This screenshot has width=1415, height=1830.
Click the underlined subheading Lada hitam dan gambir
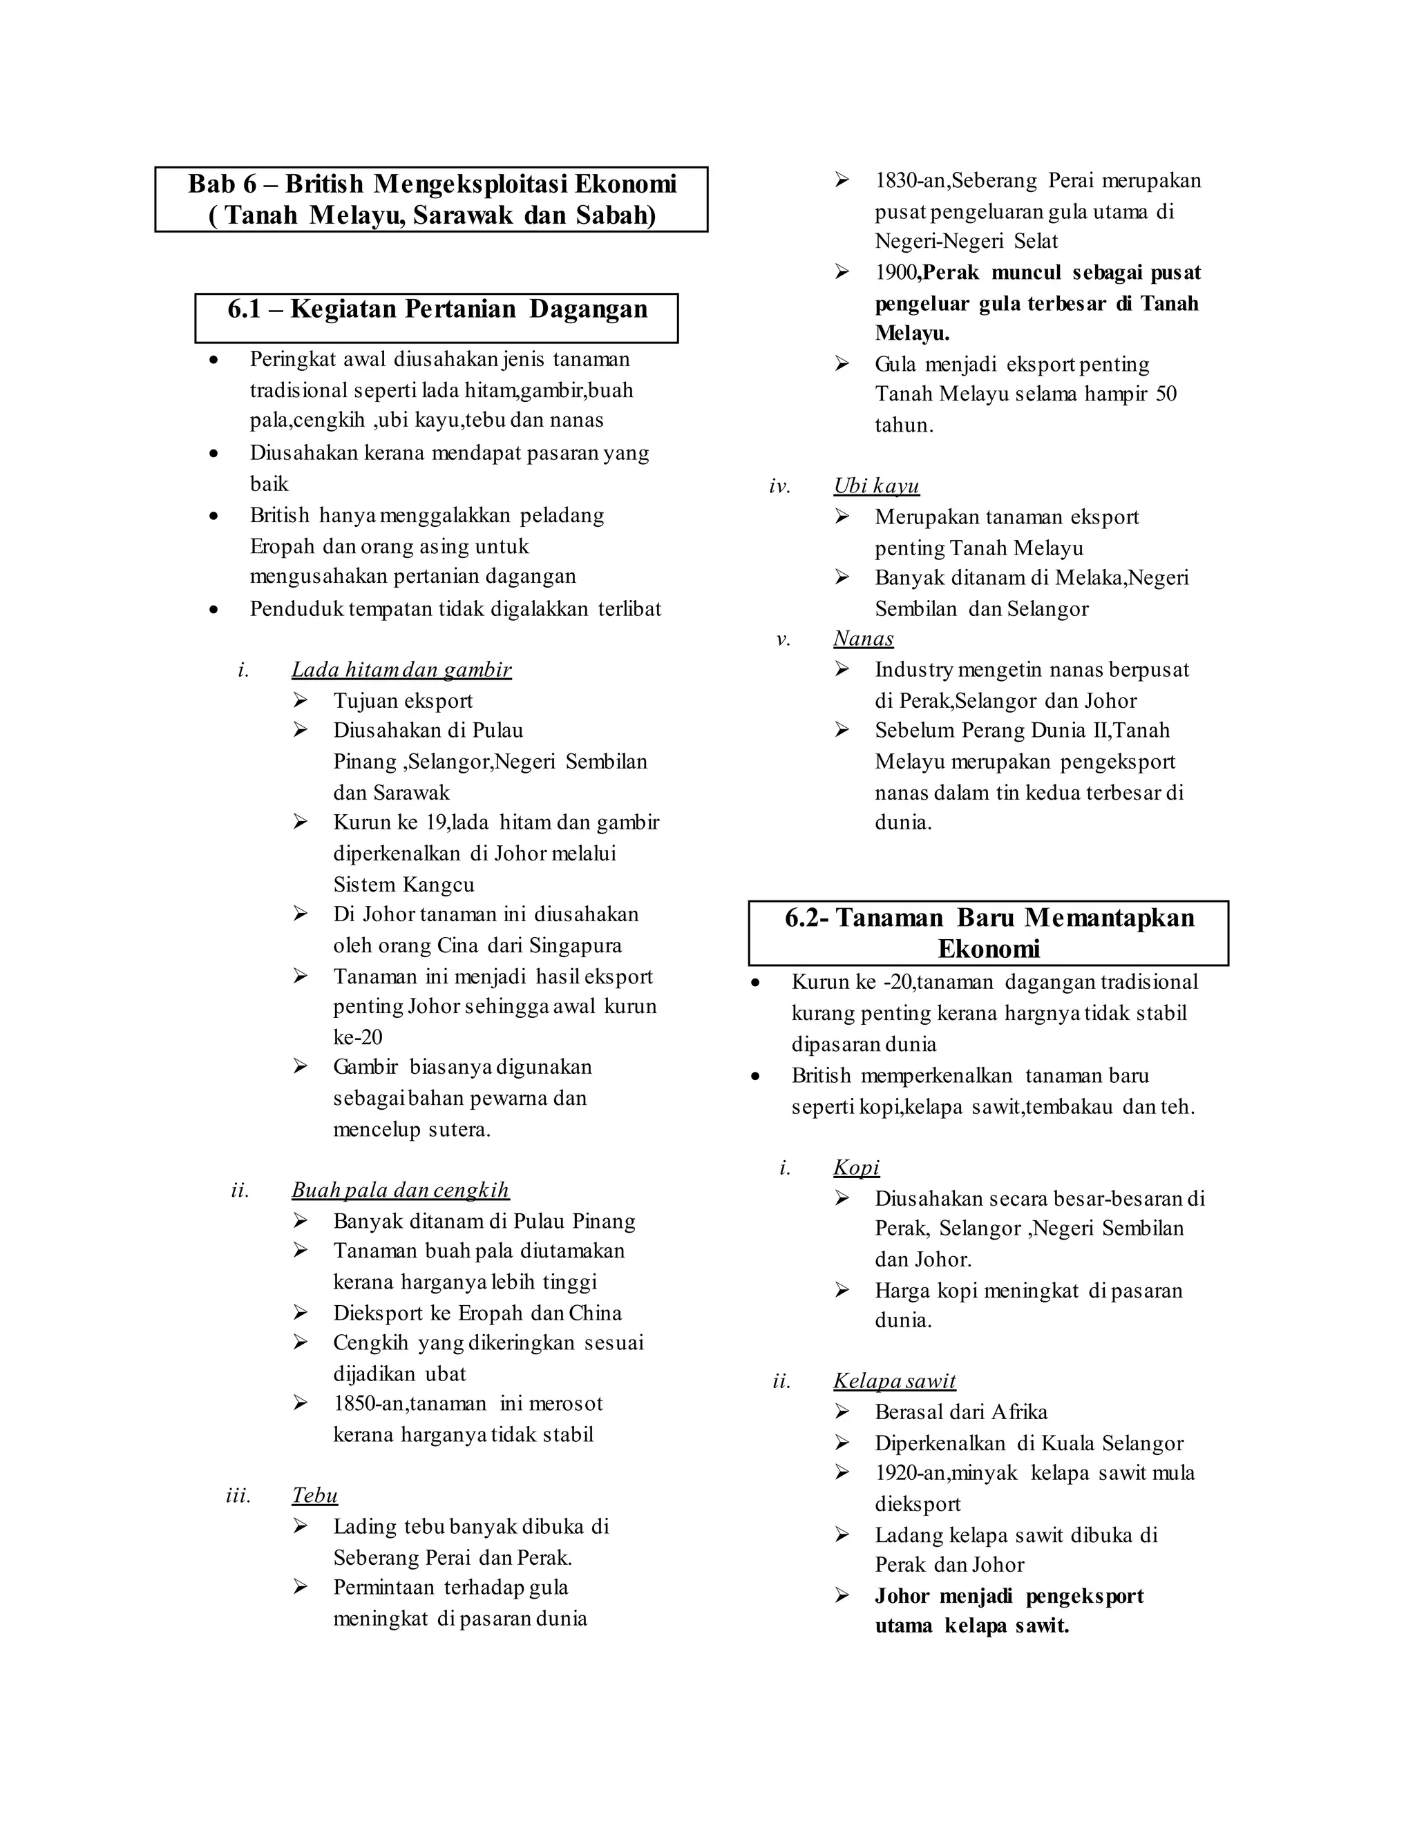401,671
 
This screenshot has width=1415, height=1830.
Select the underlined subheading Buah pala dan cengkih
400,1191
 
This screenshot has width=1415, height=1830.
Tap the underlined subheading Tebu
314,1496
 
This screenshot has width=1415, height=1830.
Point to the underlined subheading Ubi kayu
876,487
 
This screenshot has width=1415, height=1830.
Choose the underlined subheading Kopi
856,1168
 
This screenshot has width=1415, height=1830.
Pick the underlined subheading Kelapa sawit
893,1382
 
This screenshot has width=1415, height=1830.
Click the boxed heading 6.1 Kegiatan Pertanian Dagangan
437,310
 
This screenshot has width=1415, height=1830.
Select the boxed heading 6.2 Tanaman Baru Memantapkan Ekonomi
988,934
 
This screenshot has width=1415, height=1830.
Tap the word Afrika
1018,1413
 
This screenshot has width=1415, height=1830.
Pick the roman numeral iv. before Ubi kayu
779,487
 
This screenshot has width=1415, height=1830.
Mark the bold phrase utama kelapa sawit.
971,1627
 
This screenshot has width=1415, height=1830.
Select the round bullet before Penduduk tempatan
215,610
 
